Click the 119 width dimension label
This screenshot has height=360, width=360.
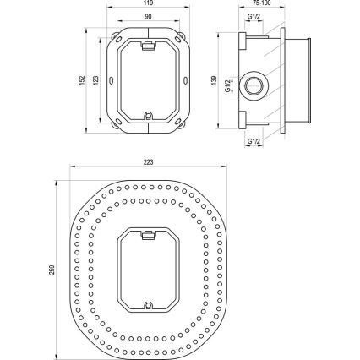[148, 3]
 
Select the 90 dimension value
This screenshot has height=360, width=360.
[148, 16]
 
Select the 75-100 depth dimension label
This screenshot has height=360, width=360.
[266, 3]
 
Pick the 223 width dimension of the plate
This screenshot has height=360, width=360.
[150, 162]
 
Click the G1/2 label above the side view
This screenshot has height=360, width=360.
[254, 17]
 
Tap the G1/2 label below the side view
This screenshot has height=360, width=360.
[254, 141]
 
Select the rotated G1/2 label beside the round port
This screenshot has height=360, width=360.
[229, 85]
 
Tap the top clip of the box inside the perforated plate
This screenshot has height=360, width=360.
[148, 231]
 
